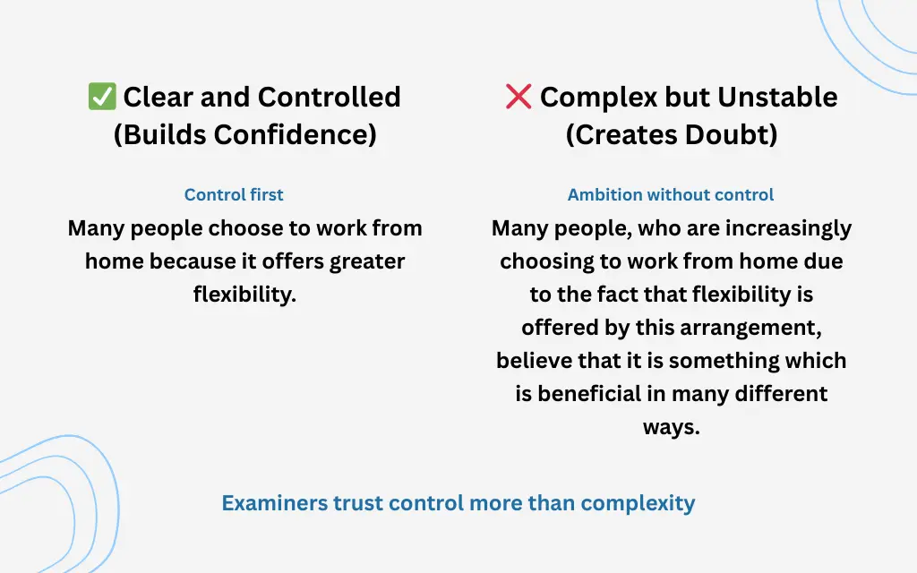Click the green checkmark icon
tap(102, 97)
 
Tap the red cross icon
tap(518, 97)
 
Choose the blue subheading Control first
tap(234, 194)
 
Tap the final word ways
tap(671, 426)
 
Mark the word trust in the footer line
tap(357, 502)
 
